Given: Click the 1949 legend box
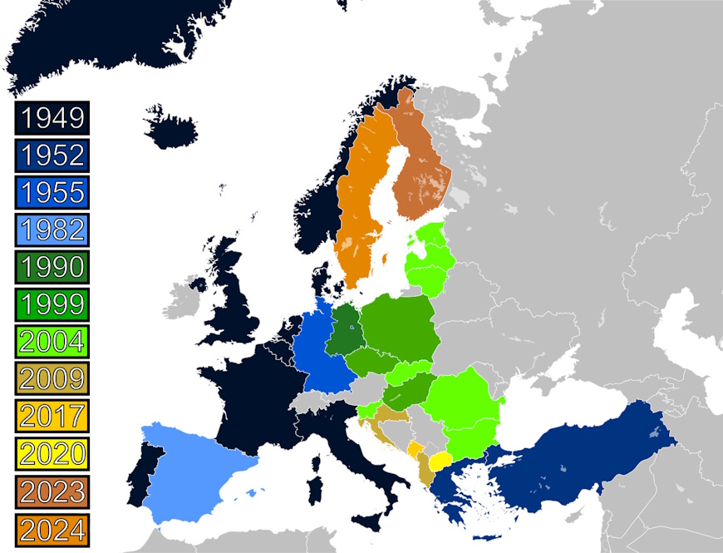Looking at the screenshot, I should [52, 118].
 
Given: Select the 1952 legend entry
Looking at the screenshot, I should [52, 156].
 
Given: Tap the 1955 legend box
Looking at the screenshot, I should [52, 192].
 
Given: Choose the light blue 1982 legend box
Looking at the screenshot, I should [52, 230].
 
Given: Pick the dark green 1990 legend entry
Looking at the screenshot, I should [52, 267].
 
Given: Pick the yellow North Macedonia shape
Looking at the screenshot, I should [440, 461].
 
